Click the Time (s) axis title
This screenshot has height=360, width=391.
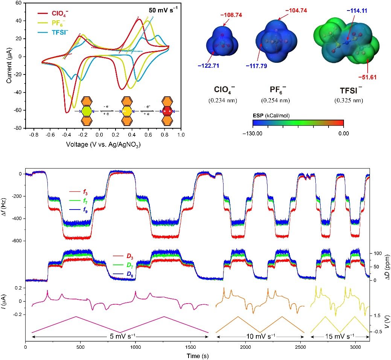(197, 355)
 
